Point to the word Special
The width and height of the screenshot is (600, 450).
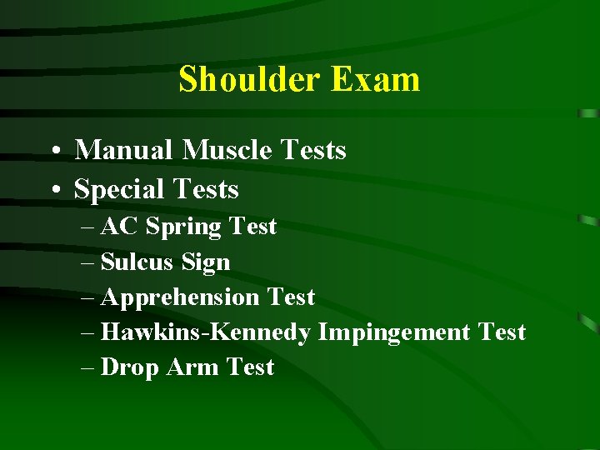click(117, 190)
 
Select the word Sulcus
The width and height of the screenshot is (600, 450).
click(136, 262)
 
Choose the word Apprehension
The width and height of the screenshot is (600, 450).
click(180, 297)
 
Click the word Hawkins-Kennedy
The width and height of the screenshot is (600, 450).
click(205, 332)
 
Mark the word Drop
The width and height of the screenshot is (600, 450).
click(129, 367)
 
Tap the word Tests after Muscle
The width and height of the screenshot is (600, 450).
click(313, 150)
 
